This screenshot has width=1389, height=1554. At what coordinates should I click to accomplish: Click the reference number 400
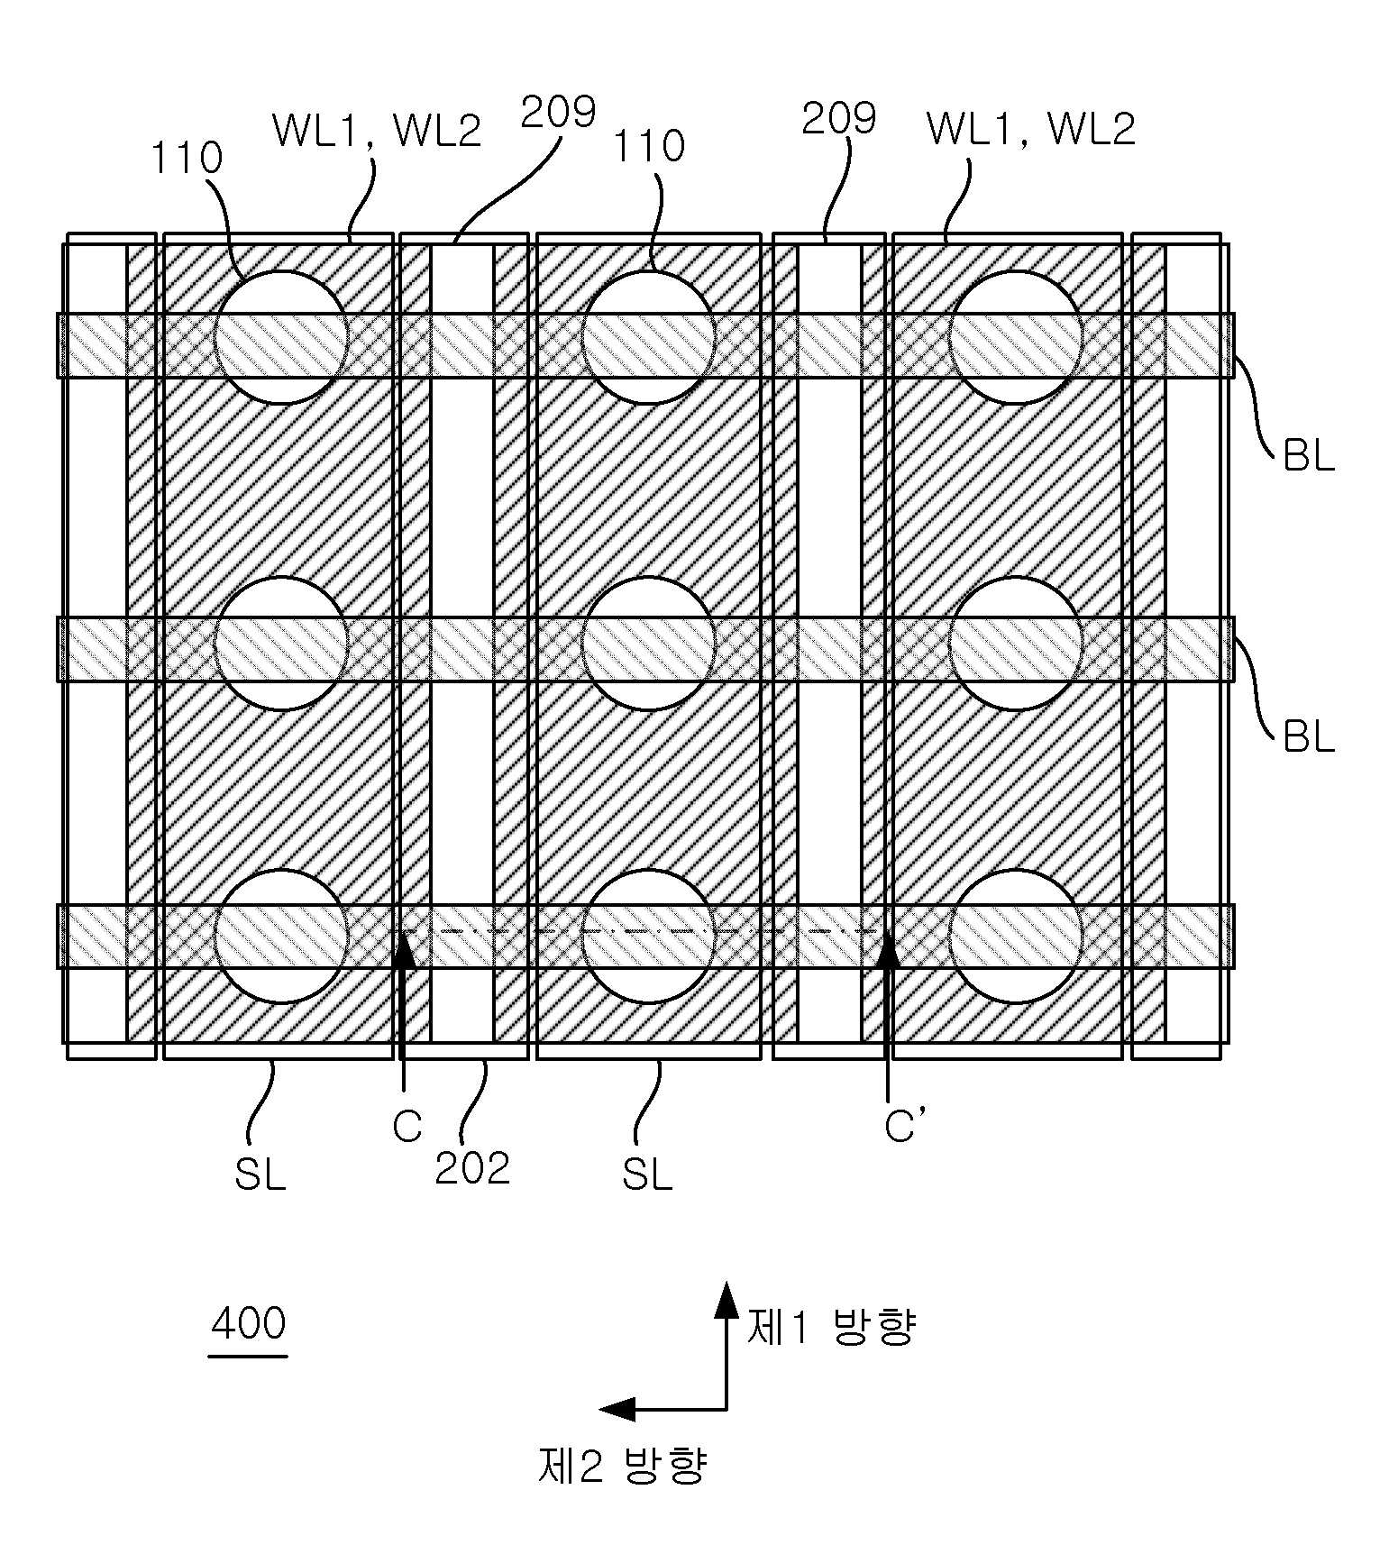pyautogui.click(x=249, y=1323)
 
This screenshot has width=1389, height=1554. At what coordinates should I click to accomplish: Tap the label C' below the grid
pyautogui.click(x=904, y=1126)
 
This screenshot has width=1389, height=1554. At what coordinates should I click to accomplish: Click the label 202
pyautogui.click(x=472, y=1168)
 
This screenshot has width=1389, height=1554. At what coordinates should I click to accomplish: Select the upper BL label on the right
pyautogui.click(x=1308, y=457)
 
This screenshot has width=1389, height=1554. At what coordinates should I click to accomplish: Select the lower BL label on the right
pyautogui.click(x=1308, y=736)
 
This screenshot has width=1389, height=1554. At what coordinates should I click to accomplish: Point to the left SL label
pyautogui.click(x=260, y=1174)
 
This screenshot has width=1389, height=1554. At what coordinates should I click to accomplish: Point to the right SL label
pyautogui.click(x=647, y=1174)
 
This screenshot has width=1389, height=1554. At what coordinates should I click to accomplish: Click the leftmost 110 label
pyautogui.click(x=187, y=159)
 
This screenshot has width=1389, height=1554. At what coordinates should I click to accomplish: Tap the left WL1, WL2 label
pyautogui.click(x=377, y=131)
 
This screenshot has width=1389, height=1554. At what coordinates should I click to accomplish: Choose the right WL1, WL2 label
pyautogui.click(x=1031, y=129)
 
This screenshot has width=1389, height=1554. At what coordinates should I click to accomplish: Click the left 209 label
pyautogui.click(x=559, y=113)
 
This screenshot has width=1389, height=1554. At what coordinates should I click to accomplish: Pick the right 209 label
pyautogui.click(x=839, y=118)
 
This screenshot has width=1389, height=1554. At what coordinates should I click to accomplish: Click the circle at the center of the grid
pyautogui.click(x=648, y=643)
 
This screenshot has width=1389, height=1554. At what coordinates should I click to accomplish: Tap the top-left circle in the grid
pyautogui.click(x=281, y=337)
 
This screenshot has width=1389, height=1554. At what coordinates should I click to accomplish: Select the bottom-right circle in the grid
pyautogui.click(x=1015, y=936)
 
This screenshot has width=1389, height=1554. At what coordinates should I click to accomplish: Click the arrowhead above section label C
pyautogui.click(x=405, y=951)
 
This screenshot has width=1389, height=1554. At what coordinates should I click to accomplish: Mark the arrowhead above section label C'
pyautogui.click(x=888, y=951)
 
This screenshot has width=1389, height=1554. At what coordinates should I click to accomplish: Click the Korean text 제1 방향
pyautogui.click(x=831, y=1327)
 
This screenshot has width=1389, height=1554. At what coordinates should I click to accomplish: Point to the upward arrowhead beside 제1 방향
pyautogui.click(x=726, y=1300)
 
